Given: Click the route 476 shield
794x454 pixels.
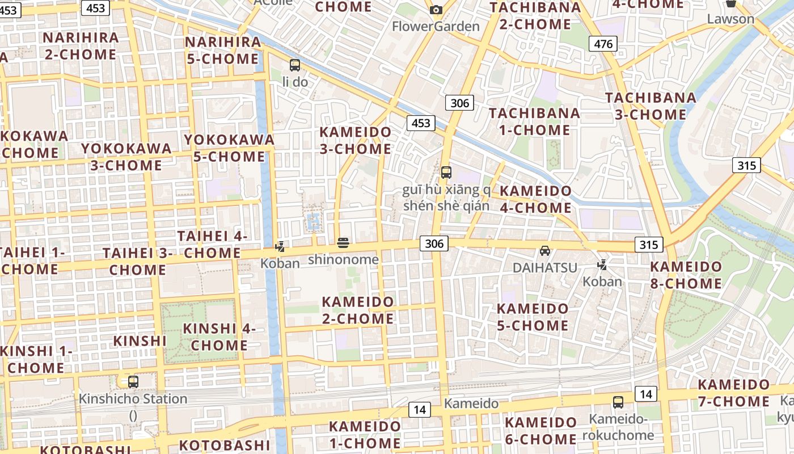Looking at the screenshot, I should point(602,44).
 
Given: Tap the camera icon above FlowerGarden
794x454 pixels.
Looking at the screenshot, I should point(436,10).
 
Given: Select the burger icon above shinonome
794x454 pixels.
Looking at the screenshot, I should point(343,243).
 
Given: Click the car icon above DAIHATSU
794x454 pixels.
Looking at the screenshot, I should point(544,250).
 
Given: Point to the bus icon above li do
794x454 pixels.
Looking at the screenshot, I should point(294,65).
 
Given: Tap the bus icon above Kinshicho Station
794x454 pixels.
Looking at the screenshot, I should point(133,382).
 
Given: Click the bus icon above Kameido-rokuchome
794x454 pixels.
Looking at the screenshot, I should point(618,402).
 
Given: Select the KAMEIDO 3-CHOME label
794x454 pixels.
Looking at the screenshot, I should point(356,140).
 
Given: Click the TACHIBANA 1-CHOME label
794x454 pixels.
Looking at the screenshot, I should point(534,121).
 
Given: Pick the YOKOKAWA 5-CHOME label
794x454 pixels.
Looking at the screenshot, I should point(229,148).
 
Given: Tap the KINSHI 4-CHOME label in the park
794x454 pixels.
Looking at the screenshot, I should point(219,337).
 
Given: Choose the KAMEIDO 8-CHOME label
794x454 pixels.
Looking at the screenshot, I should point(686,275).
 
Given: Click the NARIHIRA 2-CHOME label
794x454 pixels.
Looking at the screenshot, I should point(81,46).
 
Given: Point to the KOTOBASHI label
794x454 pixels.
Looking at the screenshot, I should point(225,445).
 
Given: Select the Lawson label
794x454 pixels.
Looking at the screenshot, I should point(730,19).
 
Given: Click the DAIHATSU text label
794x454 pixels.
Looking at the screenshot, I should point(544,267).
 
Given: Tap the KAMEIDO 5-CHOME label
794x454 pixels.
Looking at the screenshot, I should point(533,317).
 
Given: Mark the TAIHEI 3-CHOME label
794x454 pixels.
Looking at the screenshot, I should point(137,261).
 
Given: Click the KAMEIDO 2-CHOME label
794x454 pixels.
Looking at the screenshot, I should point(357,310).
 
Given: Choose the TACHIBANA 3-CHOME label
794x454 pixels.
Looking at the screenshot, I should point(651,106).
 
